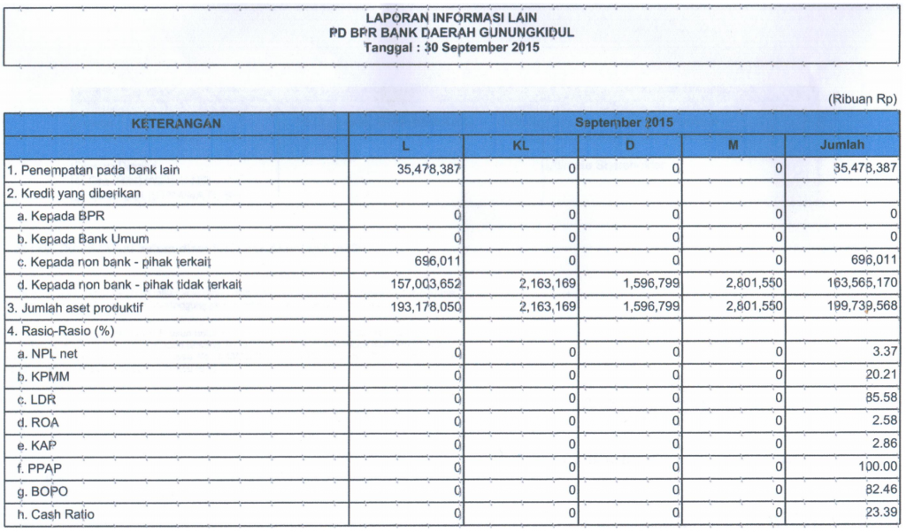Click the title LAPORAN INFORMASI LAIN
(x=451, y=17)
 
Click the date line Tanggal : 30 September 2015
(x=451, y=47)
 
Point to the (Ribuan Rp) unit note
(x=863, y=100)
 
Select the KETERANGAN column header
(x=176, y=124)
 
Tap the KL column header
(x=520, y=145)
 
